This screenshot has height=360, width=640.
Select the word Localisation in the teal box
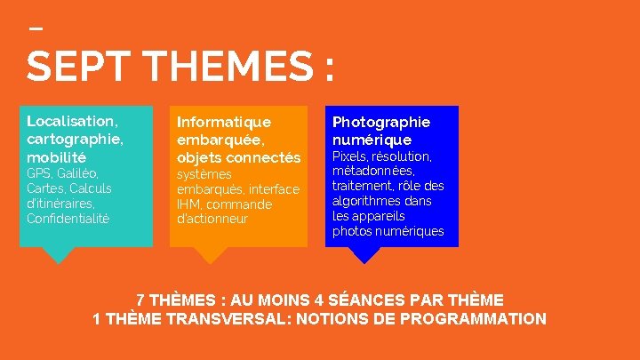(71, 120)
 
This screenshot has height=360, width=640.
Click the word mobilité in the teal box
(57, 156)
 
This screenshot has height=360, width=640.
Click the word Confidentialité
(68, 218)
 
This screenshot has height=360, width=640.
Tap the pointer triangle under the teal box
(59, 255)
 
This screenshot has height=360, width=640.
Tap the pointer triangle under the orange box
(211, 255)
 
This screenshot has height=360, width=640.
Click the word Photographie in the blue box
(380, 121)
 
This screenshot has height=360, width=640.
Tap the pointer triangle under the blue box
(364, 255)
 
